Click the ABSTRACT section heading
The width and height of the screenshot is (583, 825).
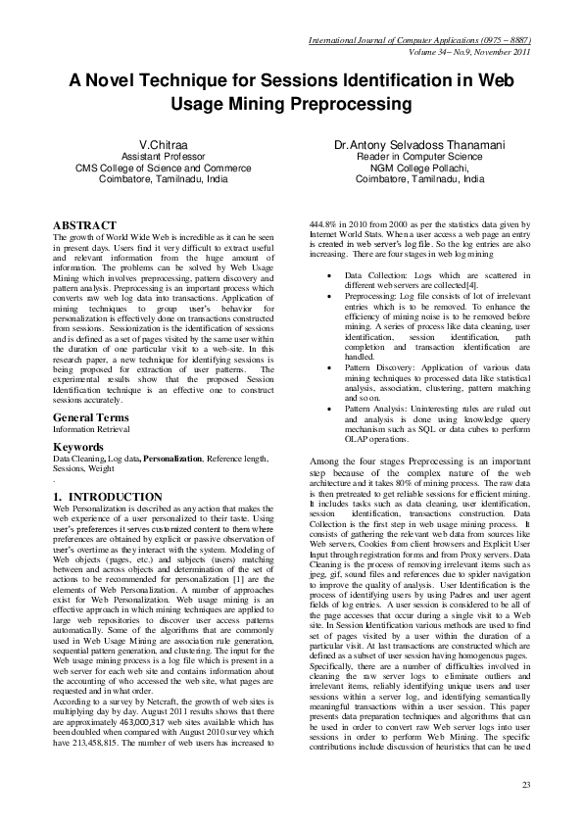tap(85, 226)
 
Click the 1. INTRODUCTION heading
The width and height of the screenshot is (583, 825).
tap(107, 497)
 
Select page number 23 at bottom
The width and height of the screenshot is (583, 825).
tap(525, 785)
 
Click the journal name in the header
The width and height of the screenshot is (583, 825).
tap(419, 40)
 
